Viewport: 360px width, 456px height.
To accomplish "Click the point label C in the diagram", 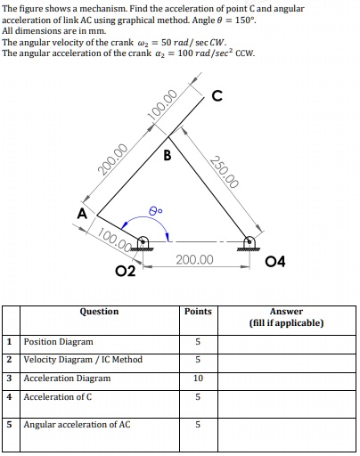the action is point(217,96).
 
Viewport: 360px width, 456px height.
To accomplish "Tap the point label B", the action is point(167,157).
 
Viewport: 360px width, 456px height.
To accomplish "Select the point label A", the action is point(82,214).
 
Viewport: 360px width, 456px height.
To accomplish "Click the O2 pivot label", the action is point(125,270).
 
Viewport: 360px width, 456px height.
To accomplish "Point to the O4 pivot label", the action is point(276,261).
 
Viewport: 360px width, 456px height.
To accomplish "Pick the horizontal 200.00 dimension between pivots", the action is point(194,259).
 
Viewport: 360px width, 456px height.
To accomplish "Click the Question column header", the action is point(99,312).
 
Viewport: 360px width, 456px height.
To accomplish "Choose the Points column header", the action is point(198,312).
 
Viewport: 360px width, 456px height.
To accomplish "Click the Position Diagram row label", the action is point(58,341).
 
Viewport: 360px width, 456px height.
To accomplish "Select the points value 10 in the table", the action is point(198,379).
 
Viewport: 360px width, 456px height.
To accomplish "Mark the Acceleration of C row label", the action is point(58,396).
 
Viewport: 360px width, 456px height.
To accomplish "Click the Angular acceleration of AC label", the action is point(77,425).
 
